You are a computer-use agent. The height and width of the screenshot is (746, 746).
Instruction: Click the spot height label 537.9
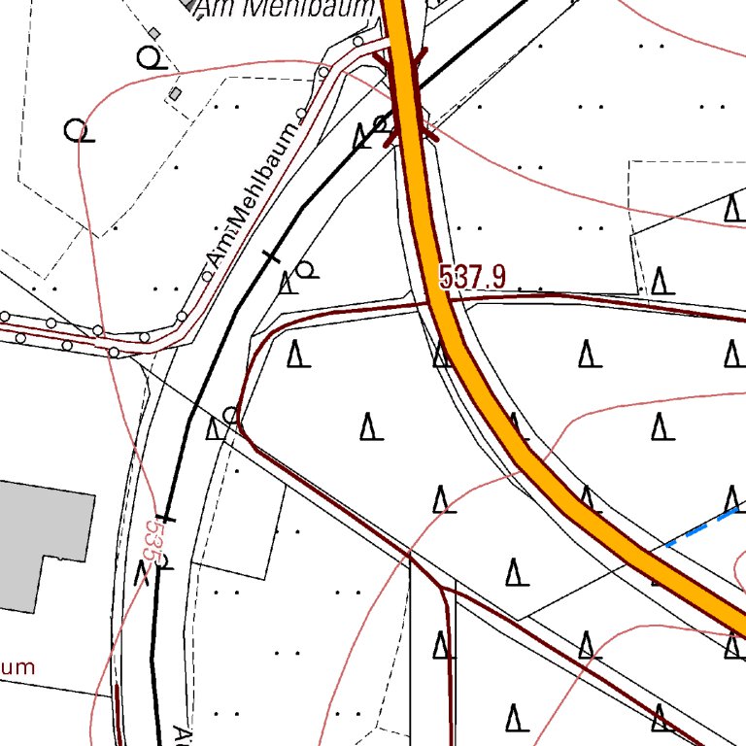pyautogui.click(x=472, y=278)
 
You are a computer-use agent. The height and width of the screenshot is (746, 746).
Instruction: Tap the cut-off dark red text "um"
pyautogui.click(x=17, y=667)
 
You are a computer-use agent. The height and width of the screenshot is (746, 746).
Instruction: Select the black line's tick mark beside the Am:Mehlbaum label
pyautogui.click(x=271, y=257)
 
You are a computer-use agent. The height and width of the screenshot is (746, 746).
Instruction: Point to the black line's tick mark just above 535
pyautogui.click(x=166, y=519)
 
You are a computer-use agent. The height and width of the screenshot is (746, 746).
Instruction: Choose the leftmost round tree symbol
pyautogui.click(x=77, y=130)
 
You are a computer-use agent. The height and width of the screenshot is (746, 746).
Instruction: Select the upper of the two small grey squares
pyautogui.click(x=154, y=33)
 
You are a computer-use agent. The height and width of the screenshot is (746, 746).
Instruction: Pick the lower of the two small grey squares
pyautogui.click(x=175, y=93)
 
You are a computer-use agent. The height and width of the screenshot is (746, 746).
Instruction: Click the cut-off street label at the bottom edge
pyautogui.click(x=180, y=733)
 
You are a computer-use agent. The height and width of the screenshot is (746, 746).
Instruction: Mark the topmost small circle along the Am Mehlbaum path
pyautogui.click(x=358, y=42)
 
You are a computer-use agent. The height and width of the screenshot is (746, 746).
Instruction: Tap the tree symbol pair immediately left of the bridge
pyautogui.click(x=371, y=132)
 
